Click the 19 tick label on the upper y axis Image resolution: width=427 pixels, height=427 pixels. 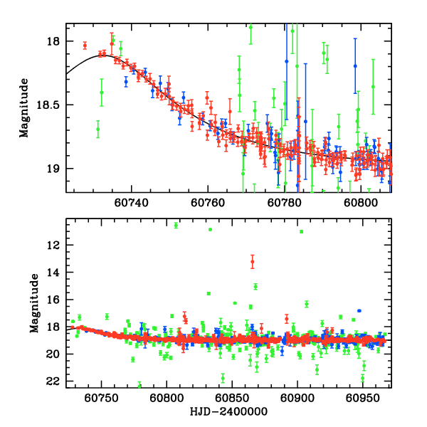pos(54,169)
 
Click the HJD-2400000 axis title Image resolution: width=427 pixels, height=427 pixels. pos(228,412)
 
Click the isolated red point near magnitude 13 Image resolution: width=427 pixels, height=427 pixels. pos(252,262)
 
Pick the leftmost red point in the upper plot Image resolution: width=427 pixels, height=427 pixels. pos(85,46)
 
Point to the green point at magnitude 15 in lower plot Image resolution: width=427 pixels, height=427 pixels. pos(255,286)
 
